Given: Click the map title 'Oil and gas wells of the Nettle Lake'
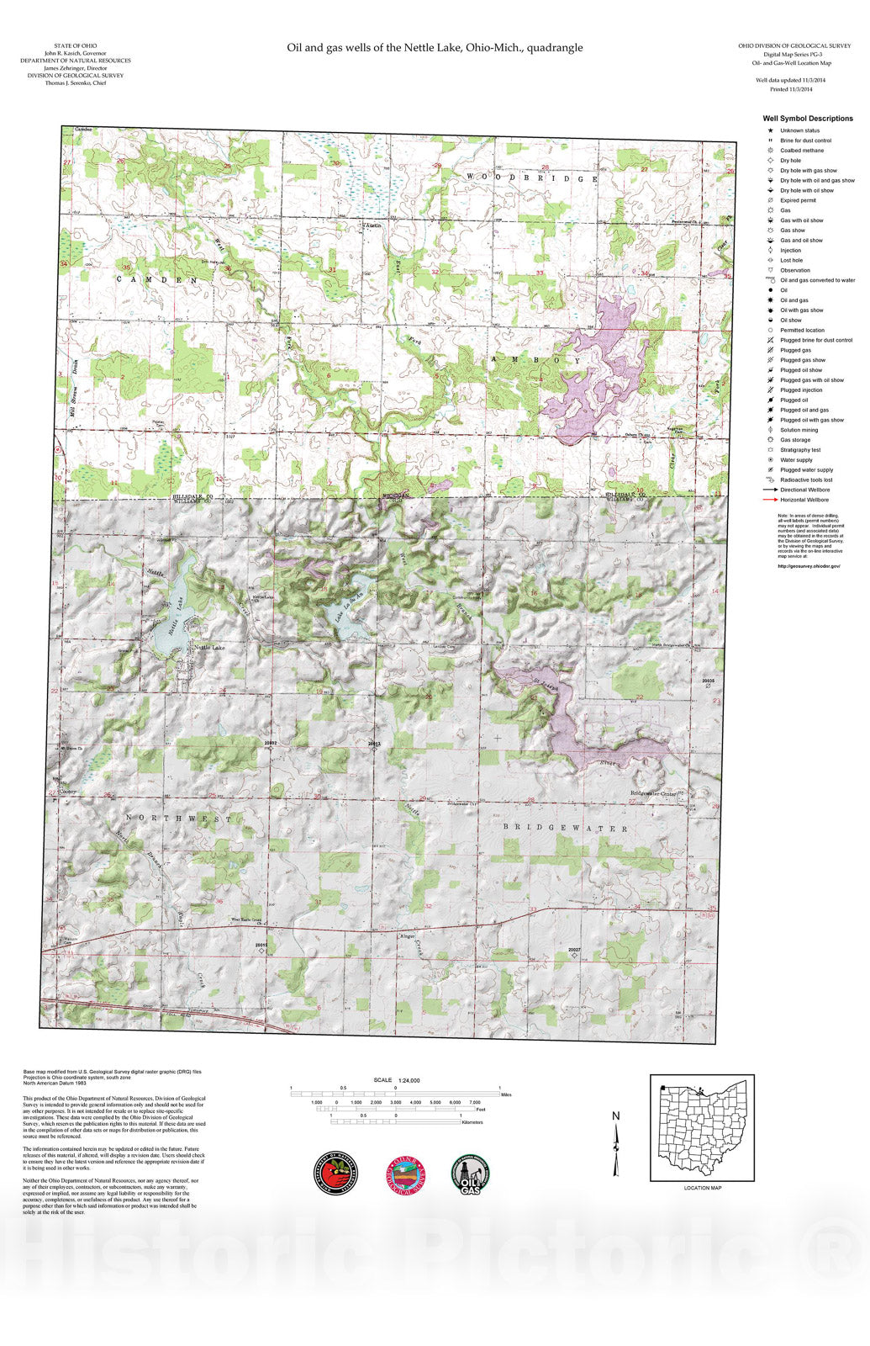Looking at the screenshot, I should point(435,48).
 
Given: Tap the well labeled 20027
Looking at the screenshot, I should point(574,955).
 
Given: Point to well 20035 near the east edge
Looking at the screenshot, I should point(709,686).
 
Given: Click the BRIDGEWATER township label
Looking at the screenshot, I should point(565,829).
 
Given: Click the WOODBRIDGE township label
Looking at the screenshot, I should point(531,178).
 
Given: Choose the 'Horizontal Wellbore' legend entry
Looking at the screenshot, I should point(804,500).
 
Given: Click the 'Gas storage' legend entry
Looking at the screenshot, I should point(794,440).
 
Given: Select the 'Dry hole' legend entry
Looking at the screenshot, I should point(789,161).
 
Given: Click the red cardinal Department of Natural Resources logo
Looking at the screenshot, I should point(336,1173).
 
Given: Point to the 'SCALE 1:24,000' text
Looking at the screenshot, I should point(397,1080).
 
